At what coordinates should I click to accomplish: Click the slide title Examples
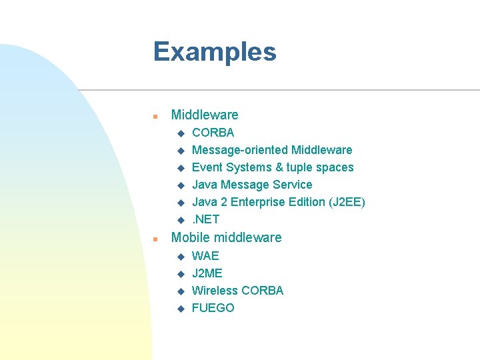[214, 52]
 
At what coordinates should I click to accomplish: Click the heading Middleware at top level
[204, 115]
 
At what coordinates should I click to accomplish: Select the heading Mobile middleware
[226, 237]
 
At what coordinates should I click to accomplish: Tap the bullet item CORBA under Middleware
[213, 133]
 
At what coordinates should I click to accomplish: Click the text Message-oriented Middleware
[271, 150]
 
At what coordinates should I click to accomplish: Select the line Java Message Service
[251, 185]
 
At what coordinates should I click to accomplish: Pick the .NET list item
[205, 219]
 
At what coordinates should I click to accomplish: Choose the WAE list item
[205, 256]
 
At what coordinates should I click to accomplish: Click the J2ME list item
[207, 273]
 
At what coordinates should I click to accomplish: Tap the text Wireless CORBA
[237, 291]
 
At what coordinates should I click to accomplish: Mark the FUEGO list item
[213, 308]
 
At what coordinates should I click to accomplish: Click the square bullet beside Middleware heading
[155, 116]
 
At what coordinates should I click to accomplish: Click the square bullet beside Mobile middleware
[155, 239]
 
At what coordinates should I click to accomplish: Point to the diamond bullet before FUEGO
[179, 309]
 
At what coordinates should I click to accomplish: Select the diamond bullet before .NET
[179, 220]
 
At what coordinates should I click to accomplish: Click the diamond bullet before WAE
[179, 257]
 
